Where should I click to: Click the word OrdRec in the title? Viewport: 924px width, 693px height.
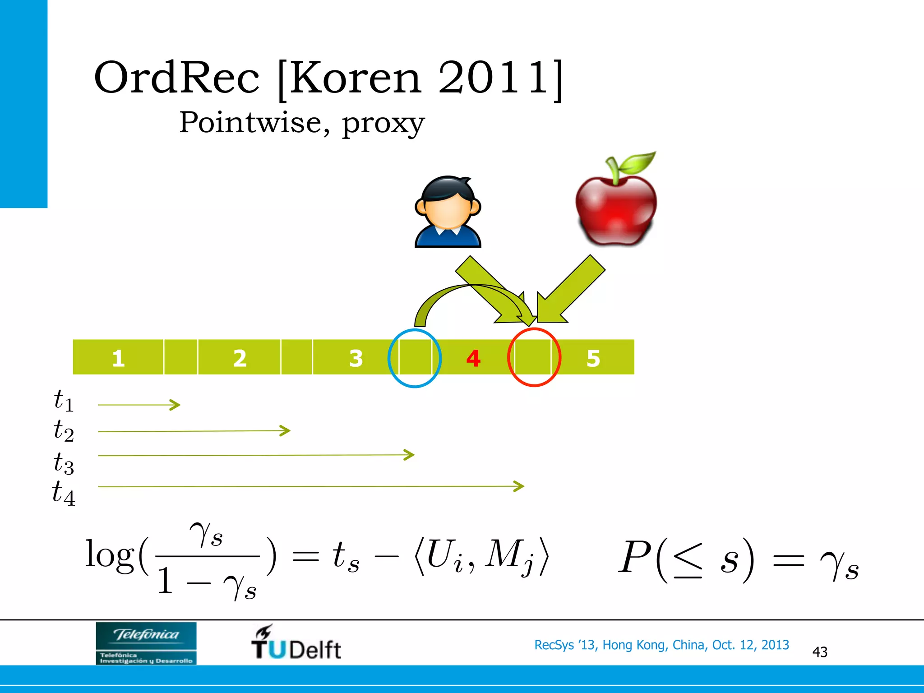[177, 78]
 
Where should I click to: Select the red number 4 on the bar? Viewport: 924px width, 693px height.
[473, 358]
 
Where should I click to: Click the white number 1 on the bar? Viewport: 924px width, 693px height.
[118, 358]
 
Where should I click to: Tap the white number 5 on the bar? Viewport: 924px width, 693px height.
[593, 358]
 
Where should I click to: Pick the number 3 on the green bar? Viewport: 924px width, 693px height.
[356, 358]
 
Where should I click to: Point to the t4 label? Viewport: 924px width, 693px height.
[63, 493]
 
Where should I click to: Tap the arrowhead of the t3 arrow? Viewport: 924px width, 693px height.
[410, 455]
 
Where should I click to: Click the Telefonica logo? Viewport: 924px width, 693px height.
[146, 643]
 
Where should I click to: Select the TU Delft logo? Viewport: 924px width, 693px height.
[296, 643]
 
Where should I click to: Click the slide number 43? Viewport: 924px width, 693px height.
[819, 652]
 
